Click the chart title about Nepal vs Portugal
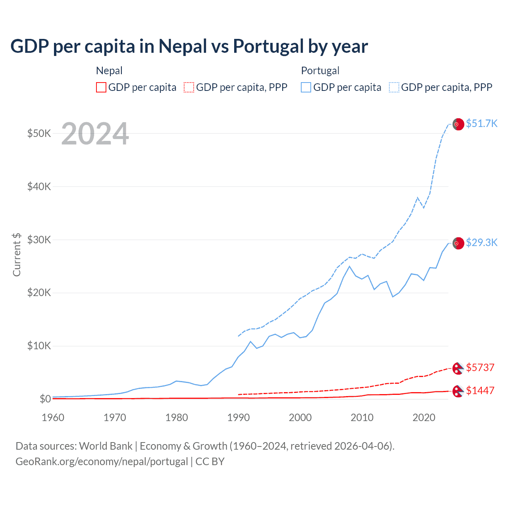click(x=189, y=46)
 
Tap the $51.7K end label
click(x=481, y=123)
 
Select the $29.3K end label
click(x=481, y=242)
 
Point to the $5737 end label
click(x=480, y=368)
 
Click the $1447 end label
click(x=480, y=391)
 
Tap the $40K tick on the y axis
click(x=39, y=187)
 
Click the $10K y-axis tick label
click(x=39, y=346)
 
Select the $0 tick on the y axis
click(x=45, y=399)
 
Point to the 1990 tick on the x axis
click(x=239, y=418)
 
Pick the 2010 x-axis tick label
click(x=362, y=418)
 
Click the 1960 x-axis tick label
click(x=53, y=418)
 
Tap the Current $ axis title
click(x=17, y=254)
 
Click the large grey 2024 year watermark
click(x=95, y=134)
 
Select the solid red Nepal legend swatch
click(x=101, y=87)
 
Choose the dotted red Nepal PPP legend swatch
click(x=189, y=87)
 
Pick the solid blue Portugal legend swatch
click(x=306, y=87)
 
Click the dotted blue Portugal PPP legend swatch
click(x=394, y=87)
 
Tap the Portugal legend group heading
click(x=320, y=71)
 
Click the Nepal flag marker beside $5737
click(x=458, y=368)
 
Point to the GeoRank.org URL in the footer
click(x=102, y=462)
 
